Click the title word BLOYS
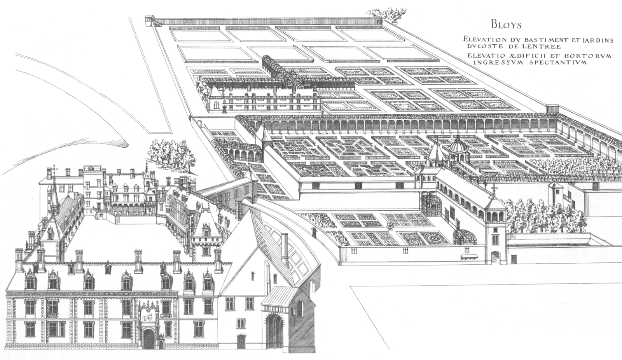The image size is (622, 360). tap(505, 25)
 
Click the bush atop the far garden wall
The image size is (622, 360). tap(386, 14)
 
